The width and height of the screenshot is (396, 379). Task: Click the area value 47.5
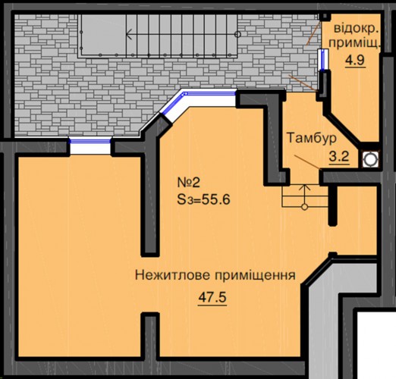click(212, 297)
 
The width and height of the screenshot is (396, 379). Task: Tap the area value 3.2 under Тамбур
click(339, 157)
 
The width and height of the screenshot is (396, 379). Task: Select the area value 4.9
click(356, 61)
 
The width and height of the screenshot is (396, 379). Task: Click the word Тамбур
click(312, 138)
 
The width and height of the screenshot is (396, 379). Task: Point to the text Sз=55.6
click(203, 199)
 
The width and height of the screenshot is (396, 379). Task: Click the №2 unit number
click(188, 183)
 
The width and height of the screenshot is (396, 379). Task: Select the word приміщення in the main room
click(255, 275)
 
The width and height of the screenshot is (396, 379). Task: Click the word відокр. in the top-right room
click(356, 28)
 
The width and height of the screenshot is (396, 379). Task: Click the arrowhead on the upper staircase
click(128, 34)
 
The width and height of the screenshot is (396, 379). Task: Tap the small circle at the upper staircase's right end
click(237, 34)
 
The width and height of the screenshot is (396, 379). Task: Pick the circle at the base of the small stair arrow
click(305, 207)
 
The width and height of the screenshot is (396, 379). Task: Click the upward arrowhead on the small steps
click(305, 187)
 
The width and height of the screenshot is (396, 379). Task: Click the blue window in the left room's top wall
click(90, 141)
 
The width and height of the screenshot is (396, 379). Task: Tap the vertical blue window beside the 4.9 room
click(323, 59)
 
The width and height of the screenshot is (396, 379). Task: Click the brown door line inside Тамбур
click(307, 162)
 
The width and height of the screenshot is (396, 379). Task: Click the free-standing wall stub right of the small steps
click(332, 205)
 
